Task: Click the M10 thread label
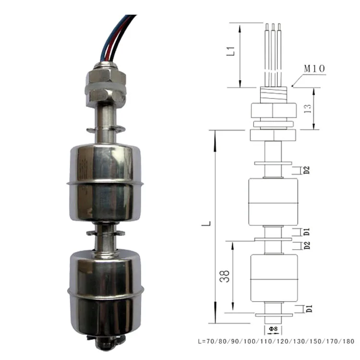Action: coord(314,69)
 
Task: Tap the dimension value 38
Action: coord(226,276)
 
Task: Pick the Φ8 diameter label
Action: coord(272,329)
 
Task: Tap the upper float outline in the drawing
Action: coord(272,202)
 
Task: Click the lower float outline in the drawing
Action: coord(274,278)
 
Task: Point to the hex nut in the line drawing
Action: coord(272,111)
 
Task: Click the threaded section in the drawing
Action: coord(272,94)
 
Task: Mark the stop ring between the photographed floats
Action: coord(105,234)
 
